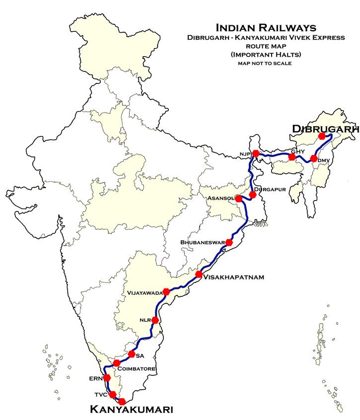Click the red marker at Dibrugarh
tap(322, 136)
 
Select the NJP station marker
tap(256, 153)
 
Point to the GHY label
tap(296, 151)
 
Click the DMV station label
tap(323, 159)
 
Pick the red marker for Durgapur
tap(252, 195)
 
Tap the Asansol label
tap(221, 198)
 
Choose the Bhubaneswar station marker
tap(229, 242)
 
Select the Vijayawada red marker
tap(166, 292)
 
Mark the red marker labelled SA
tap(132, 354)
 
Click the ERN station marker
tap(107, 378)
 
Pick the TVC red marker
tap(113, 394)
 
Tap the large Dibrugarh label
tap(325, 129)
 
